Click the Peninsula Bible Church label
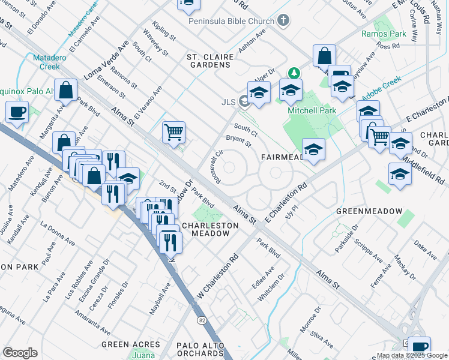[231, 21]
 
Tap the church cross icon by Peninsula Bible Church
[283, 21]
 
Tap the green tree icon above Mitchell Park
[294, 73]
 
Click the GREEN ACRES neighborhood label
[131, 344]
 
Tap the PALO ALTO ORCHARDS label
[200, 349]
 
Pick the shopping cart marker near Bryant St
[173, 132]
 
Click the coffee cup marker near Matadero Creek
[17, 112]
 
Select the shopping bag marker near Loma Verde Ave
[65, 91]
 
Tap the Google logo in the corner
[20, 353]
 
